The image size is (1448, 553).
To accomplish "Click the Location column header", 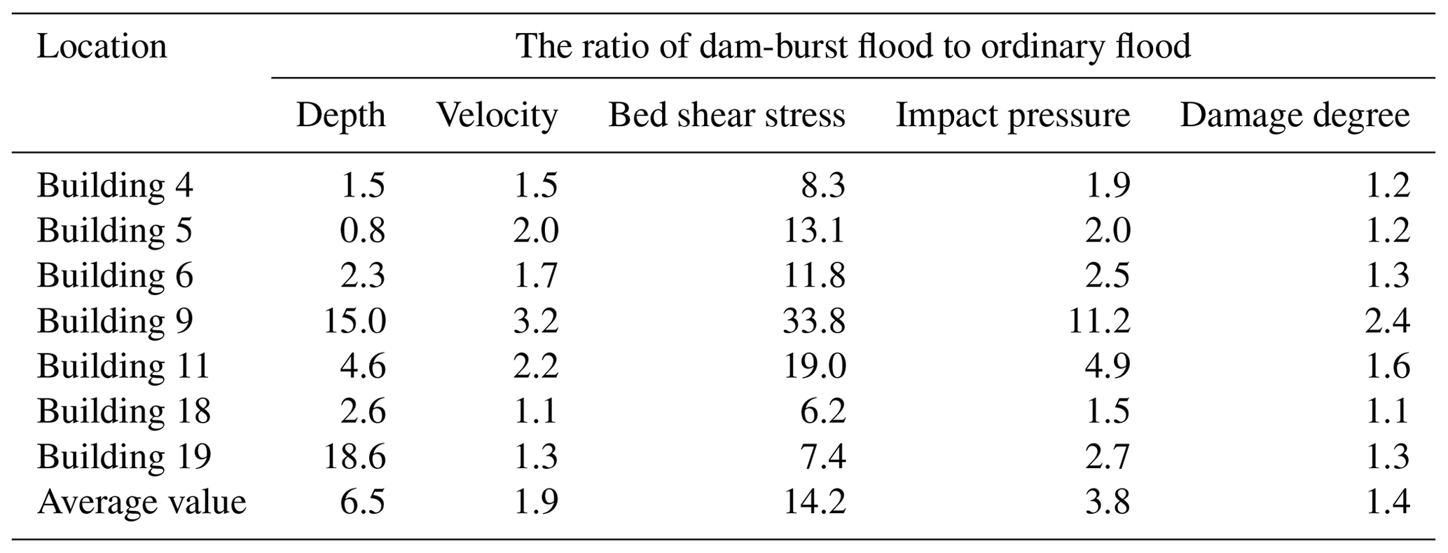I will tap(102, 47).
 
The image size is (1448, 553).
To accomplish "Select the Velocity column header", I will tap(497, 115).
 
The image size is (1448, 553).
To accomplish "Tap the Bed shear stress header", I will tap(726, 115).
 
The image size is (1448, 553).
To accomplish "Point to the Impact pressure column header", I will tap(1012, 115).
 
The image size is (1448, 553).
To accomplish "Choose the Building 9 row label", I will tap(115, 321).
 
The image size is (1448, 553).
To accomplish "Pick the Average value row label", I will tap(142, 502).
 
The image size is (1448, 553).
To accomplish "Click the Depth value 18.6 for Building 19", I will tap(354, 457).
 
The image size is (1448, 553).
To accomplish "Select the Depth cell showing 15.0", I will tap(354, 321).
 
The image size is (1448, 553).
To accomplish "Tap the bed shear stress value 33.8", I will tap(814, 321).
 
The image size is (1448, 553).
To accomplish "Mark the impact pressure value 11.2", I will tap(1099, 321).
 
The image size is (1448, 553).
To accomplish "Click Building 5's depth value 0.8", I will tap(362, 231).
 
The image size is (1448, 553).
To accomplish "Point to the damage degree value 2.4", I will tap(1387, 321).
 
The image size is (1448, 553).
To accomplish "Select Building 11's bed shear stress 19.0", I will tap(814, 366).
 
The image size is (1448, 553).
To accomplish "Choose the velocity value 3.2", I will tap(536, 321).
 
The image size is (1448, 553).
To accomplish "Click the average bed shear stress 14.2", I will tap(814, 502).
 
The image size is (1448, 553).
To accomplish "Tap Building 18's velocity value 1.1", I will tap(536, 411).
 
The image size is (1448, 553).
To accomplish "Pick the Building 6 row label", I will tap(115, 275).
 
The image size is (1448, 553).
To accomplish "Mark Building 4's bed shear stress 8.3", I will tap(823, 186).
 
